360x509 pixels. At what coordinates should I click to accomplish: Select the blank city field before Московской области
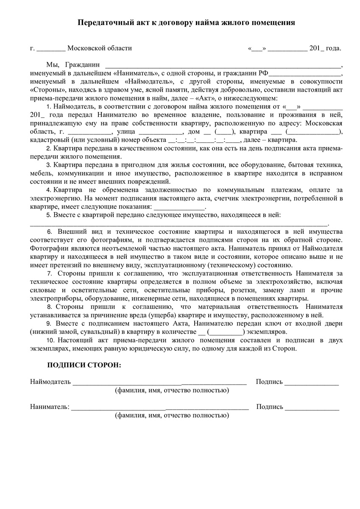(x=51, y=49)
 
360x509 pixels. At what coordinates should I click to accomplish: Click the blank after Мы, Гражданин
(x=223, y=66)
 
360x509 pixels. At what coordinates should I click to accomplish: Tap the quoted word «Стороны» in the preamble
(x=44, y=90)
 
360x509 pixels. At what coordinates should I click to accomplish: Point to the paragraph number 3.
(x=49, y=165)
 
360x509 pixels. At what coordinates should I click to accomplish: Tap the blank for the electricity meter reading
(x=179, y=207)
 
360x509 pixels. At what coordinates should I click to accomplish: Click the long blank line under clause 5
(x=178, y=224)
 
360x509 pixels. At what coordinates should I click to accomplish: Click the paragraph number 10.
(x=51, y=340)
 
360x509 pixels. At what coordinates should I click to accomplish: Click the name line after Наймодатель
(x=159, y=383)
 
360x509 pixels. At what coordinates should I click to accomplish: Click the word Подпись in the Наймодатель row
(x=269, y=382)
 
